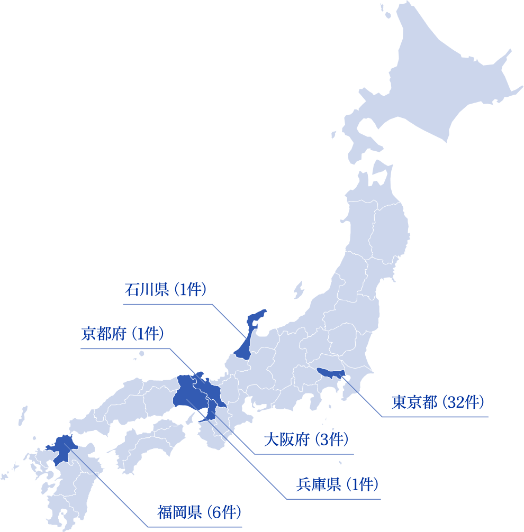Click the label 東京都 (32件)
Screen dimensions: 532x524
point(438,402)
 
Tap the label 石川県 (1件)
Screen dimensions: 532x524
point(165,290)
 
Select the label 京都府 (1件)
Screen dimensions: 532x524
point(122,334)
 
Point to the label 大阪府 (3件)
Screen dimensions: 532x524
point(305,439)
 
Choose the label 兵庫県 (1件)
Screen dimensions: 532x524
point(337,484)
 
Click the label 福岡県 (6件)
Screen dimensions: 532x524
point(200,512)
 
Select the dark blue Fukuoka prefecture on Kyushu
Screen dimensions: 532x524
point(62,448)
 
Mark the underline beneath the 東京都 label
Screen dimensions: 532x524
point(434,417)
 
